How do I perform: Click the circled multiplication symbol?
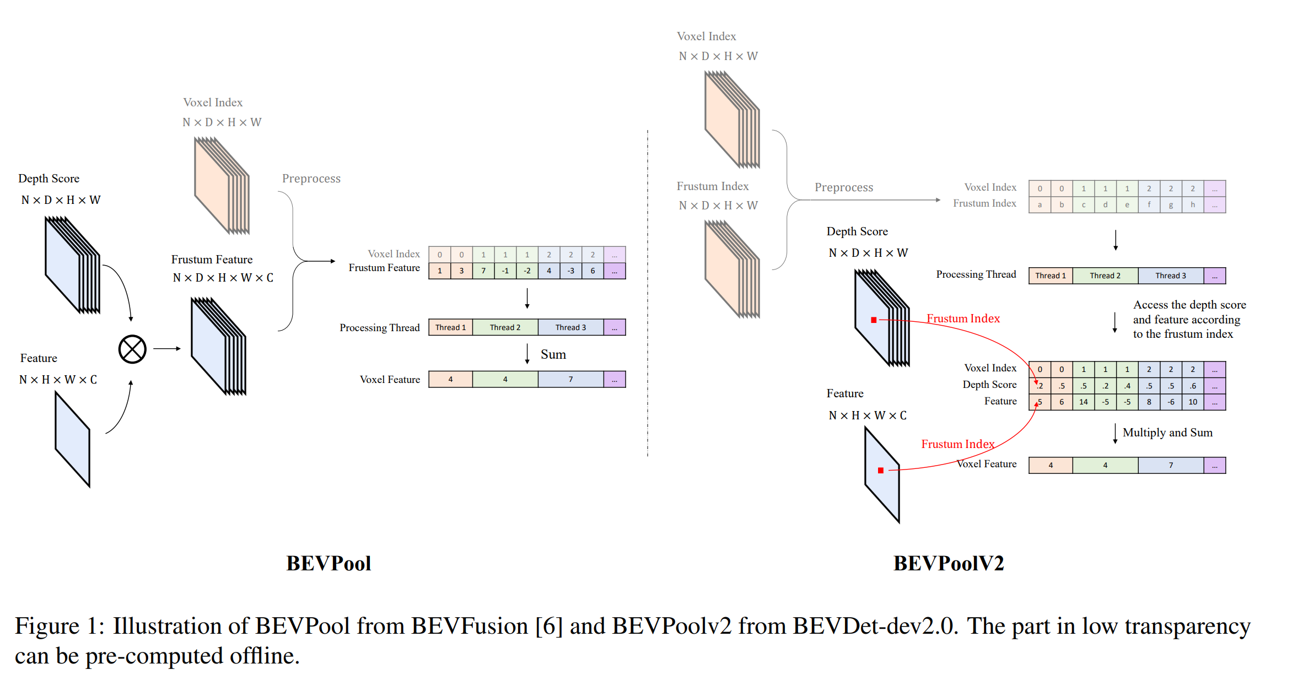(132, 349)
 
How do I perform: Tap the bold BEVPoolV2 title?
(948, 563)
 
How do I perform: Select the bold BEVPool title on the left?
(329, 563)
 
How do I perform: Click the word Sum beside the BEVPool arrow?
(553, 354)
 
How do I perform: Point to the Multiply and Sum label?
(1167, 433)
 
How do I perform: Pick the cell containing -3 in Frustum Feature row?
(571, 271)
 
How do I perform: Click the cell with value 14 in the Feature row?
(1084, 402)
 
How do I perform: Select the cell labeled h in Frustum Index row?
(1193, 204)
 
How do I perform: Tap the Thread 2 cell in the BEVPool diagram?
(505, 327)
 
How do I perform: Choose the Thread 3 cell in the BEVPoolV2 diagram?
(1171, 276)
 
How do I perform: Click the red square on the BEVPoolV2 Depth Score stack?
(874, 320)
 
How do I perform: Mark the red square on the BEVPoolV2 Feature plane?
(881, 470)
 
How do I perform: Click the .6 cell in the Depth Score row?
(1193, 386)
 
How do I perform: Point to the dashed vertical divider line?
(648, 293)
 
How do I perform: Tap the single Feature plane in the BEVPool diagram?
(72, 439)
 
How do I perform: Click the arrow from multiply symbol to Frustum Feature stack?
(167, 348)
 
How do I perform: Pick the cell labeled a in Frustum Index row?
(1040, 204)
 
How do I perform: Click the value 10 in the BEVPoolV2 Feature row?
(1193, 402)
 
